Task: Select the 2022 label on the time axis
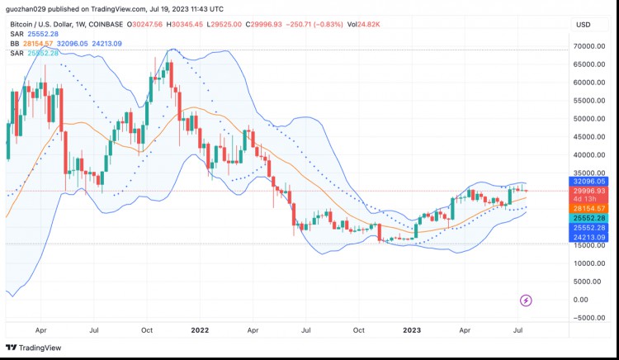click(x=200, y=329)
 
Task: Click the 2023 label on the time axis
click(x=413, y=329)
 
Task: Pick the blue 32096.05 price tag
click(x=590, y=181)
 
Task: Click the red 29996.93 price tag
click(x=590, y=191)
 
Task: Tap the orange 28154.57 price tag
click(x=590, y=209)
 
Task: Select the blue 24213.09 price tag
click(x=590, y=237)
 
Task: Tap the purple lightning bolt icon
click(x=526, y=300)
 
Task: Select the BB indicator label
click(x=14, y=43)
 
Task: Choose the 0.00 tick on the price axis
click(x=597, y=300)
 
